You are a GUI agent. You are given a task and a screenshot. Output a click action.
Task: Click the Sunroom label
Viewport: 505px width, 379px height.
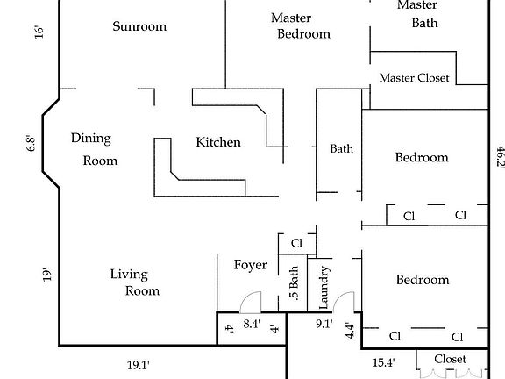coord(139,26)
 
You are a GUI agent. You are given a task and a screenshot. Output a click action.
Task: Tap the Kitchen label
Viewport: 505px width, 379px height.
coord(218,142)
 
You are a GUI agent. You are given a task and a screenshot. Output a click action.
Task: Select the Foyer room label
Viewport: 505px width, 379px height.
coord(250,265)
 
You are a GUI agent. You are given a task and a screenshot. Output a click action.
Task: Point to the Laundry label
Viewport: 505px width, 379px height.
coord(324,287)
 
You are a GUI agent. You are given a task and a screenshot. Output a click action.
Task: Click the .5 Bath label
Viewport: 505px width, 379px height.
coord(294,283)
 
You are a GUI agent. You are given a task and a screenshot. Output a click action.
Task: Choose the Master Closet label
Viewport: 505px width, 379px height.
coord(414,78)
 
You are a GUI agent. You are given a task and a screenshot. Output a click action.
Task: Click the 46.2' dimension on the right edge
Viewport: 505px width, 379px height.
coord(501,156)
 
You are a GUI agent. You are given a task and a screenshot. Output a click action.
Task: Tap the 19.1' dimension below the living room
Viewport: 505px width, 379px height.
coord(139,366)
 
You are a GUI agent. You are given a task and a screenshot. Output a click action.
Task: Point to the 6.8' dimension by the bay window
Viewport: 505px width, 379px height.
coord(31,144)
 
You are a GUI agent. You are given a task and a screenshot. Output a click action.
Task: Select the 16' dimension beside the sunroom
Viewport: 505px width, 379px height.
coord(39,32)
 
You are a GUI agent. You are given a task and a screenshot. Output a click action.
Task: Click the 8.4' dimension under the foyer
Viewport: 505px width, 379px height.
coord(252,324)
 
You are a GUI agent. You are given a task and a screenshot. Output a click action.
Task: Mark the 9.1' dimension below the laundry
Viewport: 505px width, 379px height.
coord(324,324)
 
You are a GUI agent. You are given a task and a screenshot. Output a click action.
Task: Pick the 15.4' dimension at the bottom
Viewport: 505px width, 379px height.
coord(384,363)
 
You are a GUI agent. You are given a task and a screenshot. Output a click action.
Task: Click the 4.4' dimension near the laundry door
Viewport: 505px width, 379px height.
coord(350,331)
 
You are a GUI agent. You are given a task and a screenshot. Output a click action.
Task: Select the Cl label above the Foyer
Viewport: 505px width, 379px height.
coord(296,243)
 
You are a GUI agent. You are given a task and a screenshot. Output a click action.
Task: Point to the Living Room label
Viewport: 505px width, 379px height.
coord(135,282)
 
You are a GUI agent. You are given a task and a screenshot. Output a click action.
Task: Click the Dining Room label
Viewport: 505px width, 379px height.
coord(94,149)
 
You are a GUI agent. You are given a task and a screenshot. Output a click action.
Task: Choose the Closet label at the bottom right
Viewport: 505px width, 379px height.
coord(450,359)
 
